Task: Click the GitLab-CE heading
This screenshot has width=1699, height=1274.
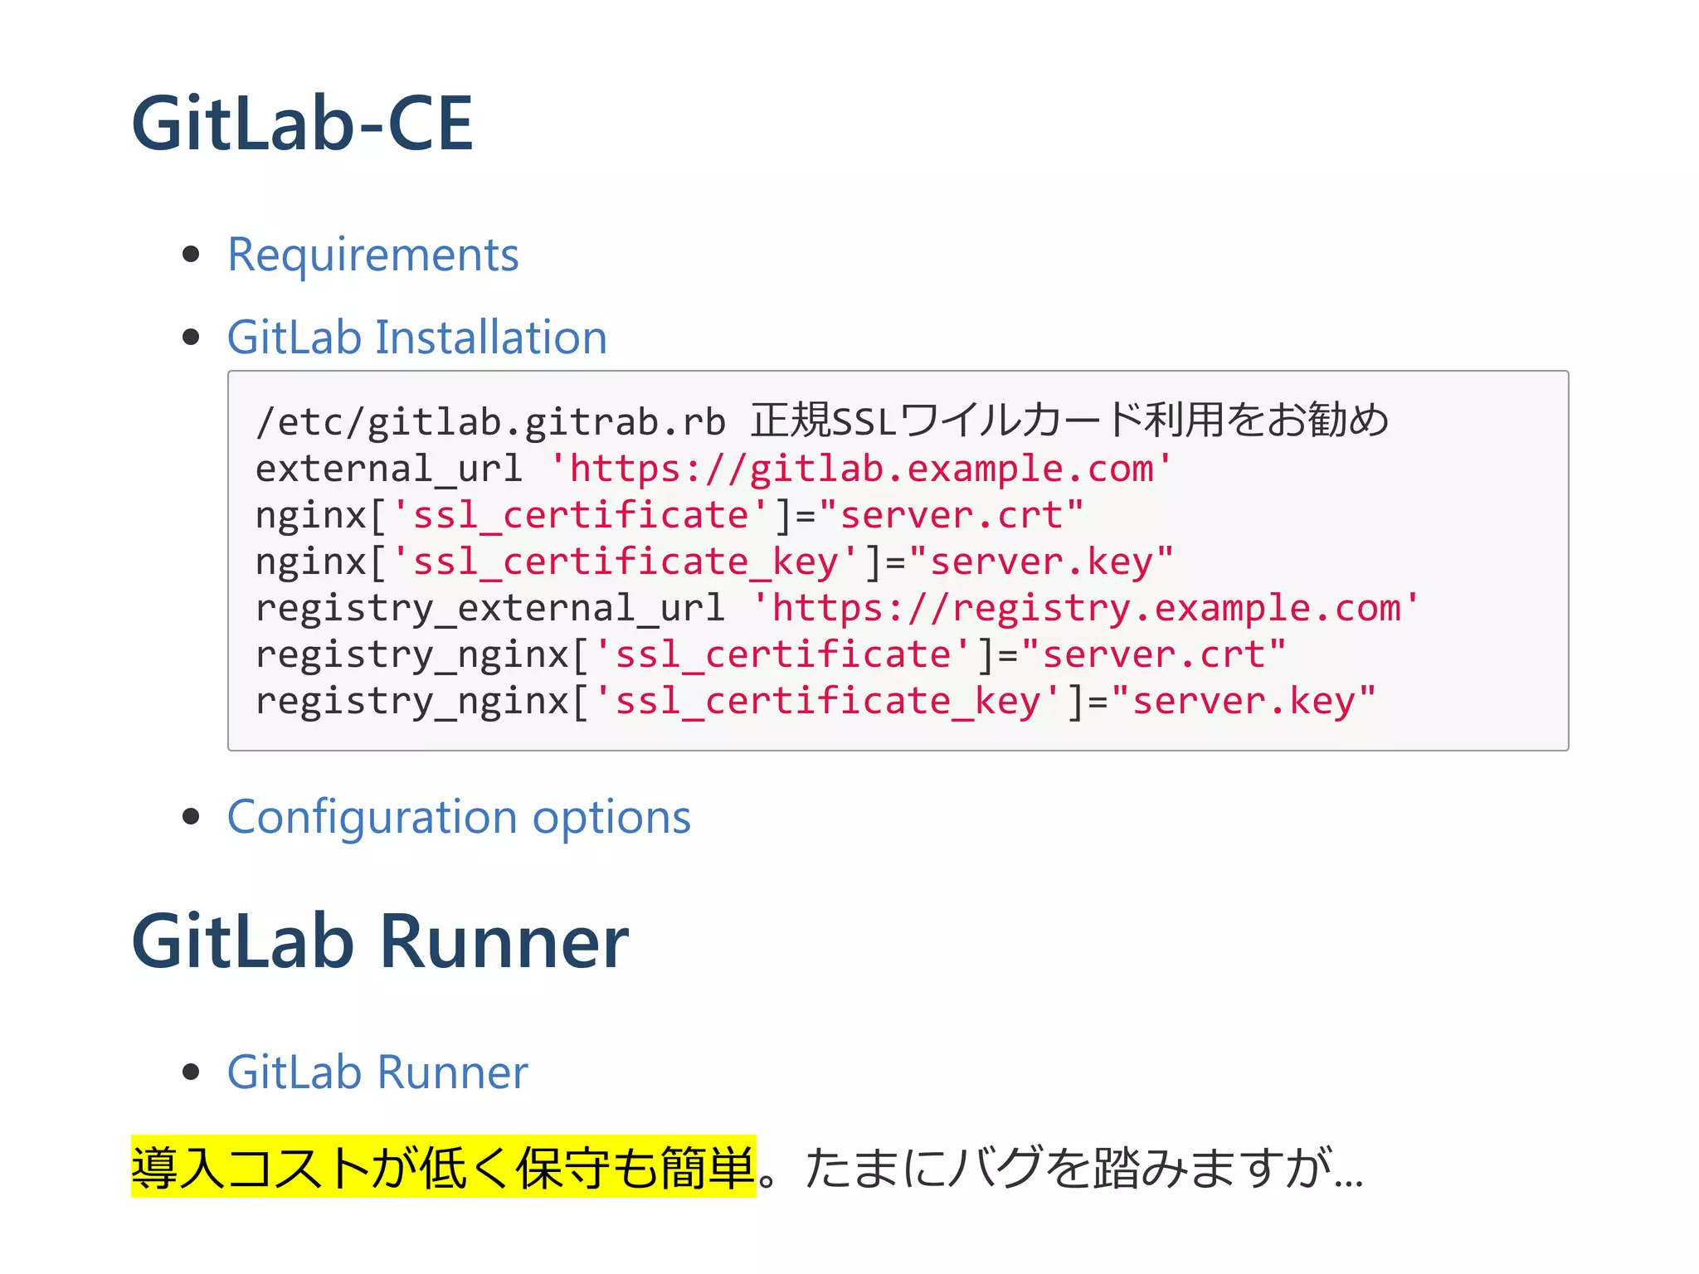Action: (302, 124)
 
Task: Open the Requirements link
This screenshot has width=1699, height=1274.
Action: (372, 255)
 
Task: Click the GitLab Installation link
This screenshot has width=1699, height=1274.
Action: (417, 338)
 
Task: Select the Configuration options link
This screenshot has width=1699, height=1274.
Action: (459, 817)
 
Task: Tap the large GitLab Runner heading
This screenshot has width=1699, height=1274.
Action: (380, 941)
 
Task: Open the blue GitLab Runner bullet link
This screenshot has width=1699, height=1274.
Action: (377, 1072)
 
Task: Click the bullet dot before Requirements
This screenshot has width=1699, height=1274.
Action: (192, 254)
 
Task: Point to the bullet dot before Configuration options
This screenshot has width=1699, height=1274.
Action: (192, 816)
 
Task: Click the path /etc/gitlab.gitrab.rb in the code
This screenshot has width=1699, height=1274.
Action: (490, 422)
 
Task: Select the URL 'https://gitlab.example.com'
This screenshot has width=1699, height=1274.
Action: (860, 469)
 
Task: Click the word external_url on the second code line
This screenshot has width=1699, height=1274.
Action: (389, 469)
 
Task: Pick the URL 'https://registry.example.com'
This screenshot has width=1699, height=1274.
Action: (1086, 608)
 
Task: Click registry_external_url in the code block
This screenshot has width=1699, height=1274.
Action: (490, 608)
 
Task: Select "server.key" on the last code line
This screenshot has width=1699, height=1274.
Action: (1244, 701)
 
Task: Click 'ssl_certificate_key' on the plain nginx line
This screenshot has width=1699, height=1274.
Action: (625, 562)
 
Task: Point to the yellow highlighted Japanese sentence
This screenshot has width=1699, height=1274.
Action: (443, 1167)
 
